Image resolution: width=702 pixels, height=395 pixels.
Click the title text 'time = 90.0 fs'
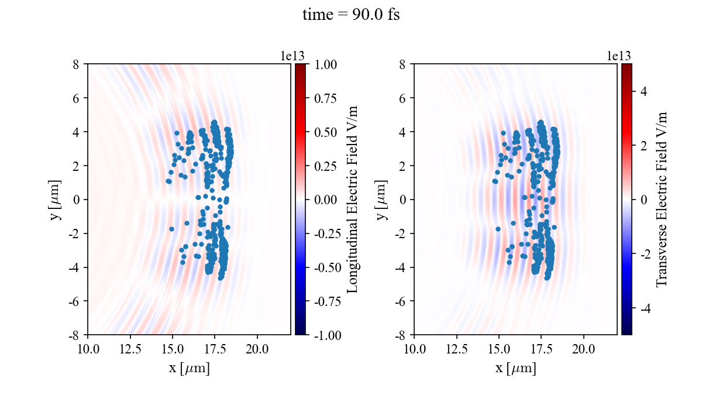point(351,15)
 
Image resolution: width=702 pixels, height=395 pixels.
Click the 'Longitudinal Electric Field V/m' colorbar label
point(353,200)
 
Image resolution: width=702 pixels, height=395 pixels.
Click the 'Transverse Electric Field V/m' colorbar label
point(662,200)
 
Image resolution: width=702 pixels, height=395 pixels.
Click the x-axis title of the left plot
point(189,369)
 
